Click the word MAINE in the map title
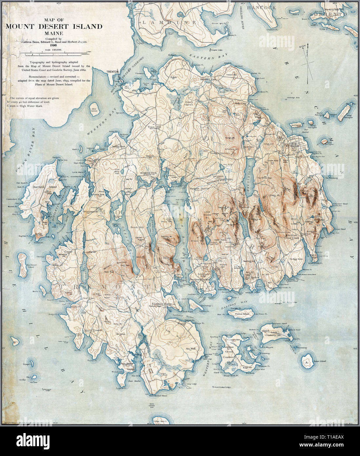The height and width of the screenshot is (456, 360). (54, 33)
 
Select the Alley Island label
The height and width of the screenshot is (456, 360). (95, 111)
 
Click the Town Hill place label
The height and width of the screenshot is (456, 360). (153, 127)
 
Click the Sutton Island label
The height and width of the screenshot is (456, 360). (242, 314)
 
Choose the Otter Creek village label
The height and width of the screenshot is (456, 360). (293, 239)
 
